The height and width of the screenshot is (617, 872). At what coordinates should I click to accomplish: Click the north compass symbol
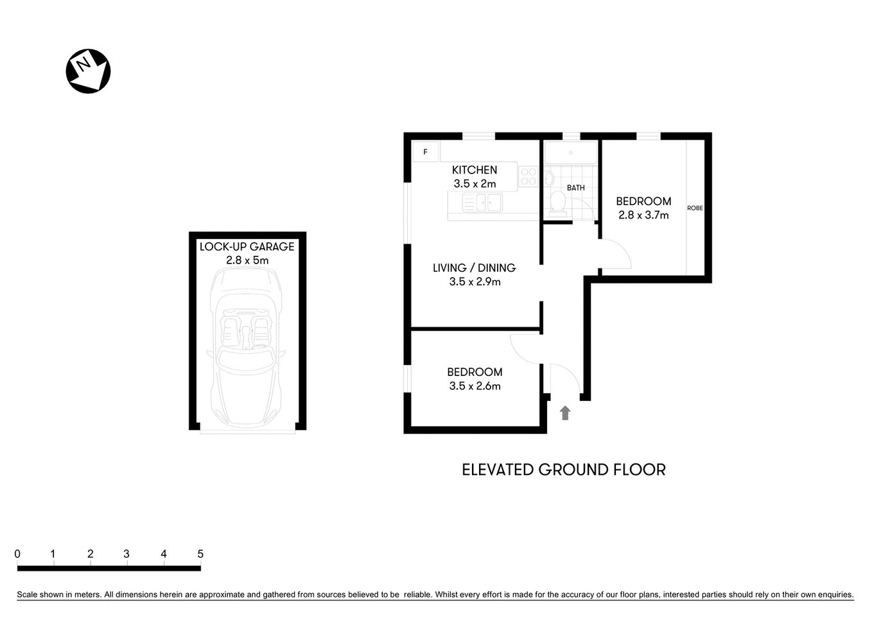88,71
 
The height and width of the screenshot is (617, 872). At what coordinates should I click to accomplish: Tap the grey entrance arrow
565,413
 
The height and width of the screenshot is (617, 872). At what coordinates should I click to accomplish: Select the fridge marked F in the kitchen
425,152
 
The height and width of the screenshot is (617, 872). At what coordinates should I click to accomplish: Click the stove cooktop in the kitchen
528,177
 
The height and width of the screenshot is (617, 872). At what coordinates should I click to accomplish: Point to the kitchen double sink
482,203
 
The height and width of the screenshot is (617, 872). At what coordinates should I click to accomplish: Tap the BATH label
575,188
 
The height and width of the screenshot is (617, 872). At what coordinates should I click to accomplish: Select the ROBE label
695,208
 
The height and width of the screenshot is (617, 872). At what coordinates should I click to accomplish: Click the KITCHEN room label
475,170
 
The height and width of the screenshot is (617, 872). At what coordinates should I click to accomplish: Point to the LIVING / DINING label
474,267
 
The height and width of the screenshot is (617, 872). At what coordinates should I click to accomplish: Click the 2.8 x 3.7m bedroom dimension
643,215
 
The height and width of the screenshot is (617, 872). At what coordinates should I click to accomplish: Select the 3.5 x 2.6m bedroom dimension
475,386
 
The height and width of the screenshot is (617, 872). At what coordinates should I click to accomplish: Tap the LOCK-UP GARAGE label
247,246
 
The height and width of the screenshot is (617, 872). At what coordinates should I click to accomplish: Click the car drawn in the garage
246,347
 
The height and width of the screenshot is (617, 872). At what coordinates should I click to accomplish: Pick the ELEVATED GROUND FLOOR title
563,470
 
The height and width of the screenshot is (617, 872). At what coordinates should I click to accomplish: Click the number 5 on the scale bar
200,554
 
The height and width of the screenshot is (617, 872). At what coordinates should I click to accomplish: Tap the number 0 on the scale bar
17,554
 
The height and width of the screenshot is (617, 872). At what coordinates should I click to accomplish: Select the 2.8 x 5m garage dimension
247,260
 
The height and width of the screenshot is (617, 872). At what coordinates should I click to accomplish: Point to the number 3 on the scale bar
126,554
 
